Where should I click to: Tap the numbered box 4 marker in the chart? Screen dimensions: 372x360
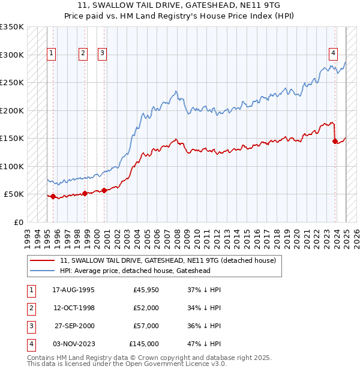[332, 52]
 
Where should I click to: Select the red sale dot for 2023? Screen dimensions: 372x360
[335, 141]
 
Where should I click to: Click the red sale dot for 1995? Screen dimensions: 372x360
[53, 196]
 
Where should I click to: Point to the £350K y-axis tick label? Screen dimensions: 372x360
[12, 27]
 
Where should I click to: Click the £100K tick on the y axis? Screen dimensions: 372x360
[12, 166]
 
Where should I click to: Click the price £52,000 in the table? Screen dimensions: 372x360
[146, 308]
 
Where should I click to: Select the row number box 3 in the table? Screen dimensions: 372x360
[30, 326]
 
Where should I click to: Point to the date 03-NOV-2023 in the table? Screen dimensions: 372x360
[74, 344]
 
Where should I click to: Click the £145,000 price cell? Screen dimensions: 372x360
[144, 344]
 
